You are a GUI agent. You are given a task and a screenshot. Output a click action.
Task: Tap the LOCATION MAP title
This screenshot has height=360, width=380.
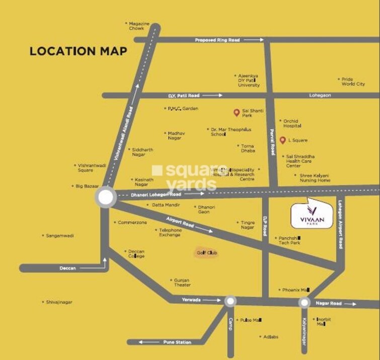pos(78,51)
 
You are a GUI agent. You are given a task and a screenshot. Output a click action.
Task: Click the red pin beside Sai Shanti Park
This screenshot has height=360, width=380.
pos(236,113)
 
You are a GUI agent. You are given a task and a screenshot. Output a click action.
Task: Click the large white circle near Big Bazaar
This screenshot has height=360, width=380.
pos(106,197)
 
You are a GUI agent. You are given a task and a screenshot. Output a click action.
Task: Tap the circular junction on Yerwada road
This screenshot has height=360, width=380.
pos(230,301)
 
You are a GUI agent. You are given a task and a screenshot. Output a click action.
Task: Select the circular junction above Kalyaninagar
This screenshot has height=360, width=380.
pos(304,303)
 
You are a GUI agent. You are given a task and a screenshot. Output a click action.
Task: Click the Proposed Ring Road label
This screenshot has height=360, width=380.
pos(217,40)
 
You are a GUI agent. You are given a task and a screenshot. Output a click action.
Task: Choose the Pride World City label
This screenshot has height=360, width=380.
pos(353,81)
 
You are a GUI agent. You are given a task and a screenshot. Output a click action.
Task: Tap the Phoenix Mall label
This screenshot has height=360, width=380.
pos(295,290)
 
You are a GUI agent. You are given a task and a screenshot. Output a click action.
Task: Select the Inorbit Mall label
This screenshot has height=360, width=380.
pos(322,321)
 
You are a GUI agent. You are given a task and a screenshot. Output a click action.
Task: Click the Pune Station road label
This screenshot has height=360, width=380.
pos(177,342)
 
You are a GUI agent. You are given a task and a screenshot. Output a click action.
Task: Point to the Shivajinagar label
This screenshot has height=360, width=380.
pos(59,302)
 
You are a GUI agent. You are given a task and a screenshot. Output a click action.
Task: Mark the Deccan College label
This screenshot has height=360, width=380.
pos(136,253)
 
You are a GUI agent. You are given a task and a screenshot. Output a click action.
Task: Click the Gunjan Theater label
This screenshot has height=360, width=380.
pos(182,282)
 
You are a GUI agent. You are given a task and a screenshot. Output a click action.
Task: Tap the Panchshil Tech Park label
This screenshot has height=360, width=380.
pos(289,240)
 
